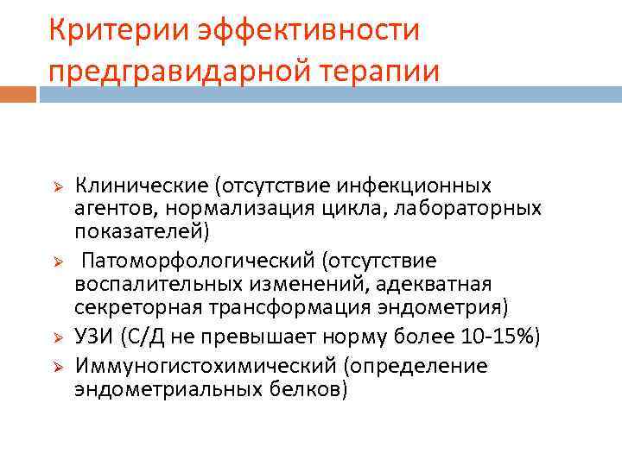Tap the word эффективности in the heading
point(308,30)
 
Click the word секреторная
point(130,308)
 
